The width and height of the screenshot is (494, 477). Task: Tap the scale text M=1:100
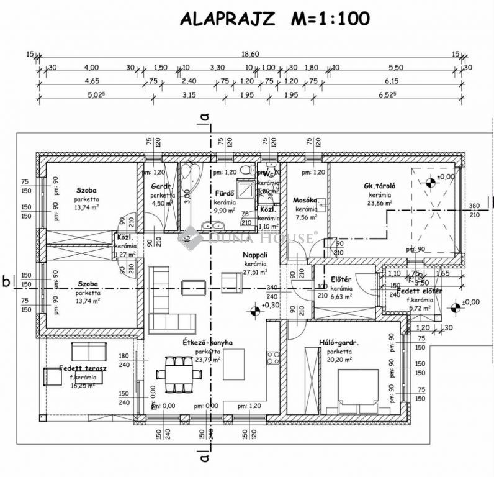pyautogui.click(x=330, y=19)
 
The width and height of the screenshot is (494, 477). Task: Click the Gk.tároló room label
pyautogui.click(x=380, y=186)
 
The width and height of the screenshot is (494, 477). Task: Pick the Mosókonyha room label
pyautogui.click(x=305, y=201)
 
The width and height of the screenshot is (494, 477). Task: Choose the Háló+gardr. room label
pyautogui.click(x=339, y=342)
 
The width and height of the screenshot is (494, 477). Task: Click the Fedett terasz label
pyautogui.click(x=74, y=368)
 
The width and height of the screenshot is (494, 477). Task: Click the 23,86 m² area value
pyautogui.click(x=379, y=202)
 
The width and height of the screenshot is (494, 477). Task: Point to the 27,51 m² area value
pyautogui.click(x=255, y=271)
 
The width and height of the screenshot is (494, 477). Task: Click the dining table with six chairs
pyautogui.click(x=180, y=374)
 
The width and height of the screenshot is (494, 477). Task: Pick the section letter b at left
pyautogui.click(x=6, y=281)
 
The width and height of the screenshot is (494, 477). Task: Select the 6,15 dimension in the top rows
pyautogui.click(x=391, y=81)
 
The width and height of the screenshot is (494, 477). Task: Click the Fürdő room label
pyautogui.click(x=223, y=193)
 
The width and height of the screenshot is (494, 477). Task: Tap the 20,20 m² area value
pyautogui.click(x=339, y=359)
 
